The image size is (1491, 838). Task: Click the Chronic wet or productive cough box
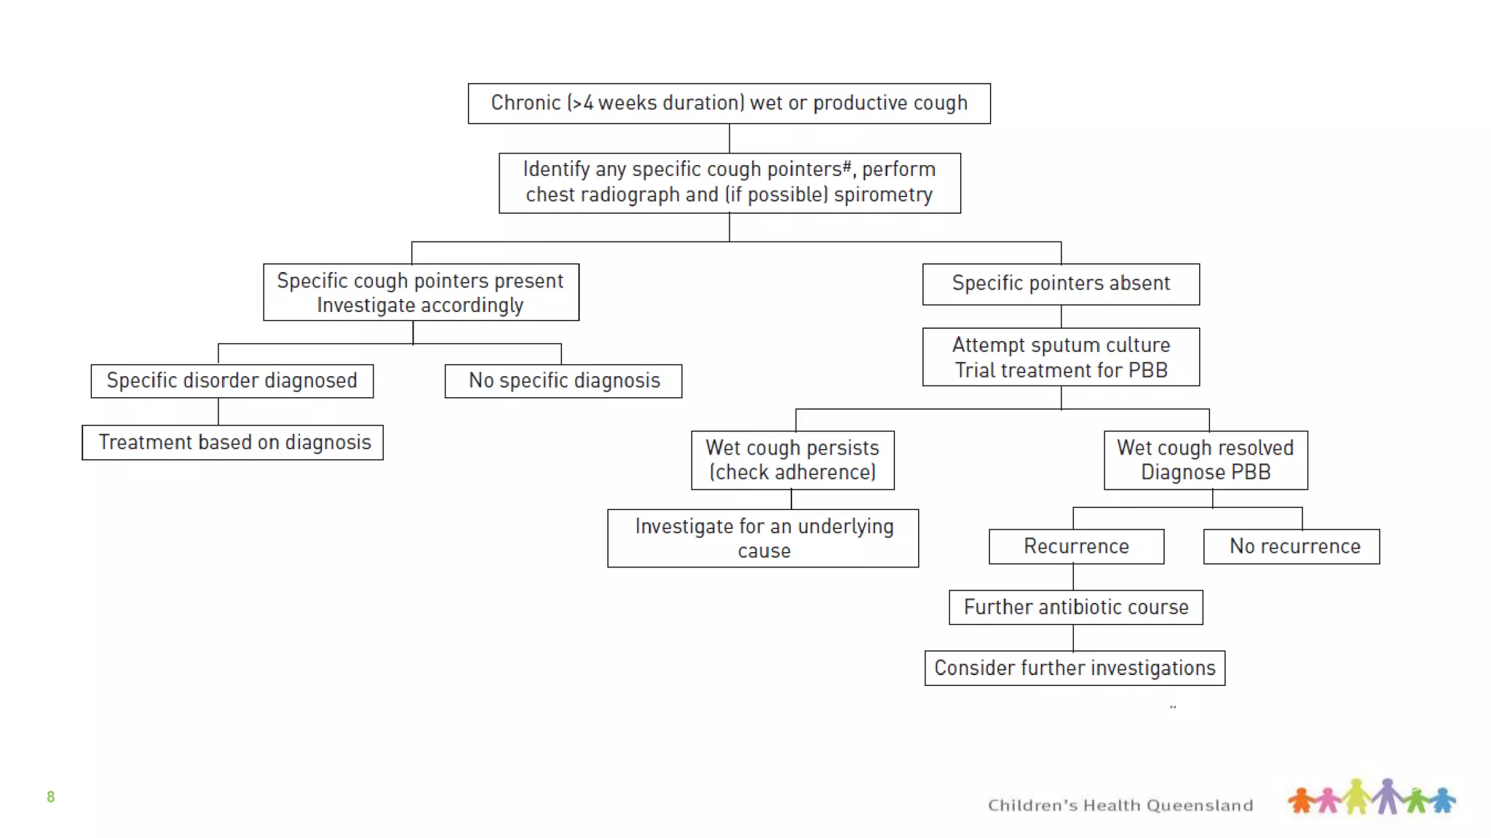pyautogui.click(x=729, y=103)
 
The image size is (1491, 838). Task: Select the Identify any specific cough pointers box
pyautogui.click(x=729, y=183)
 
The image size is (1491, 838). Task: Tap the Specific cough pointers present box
pyautogui.click(x=421, y=292)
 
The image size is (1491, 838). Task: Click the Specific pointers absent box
pyautogui.click(x=1061, y=284)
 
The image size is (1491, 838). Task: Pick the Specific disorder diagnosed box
pyautogui.click(x=232, y=381)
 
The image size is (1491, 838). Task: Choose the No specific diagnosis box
pyautogui.click(x=563, y=381)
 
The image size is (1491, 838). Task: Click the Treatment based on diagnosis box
pyautogui.click(x=233, y=442)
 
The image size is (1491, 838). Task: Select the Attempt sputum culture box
pyautogui.click(x=1061, y=357)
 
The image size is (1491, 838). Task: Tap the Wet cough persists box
pyautogui.click(x=792, y=460)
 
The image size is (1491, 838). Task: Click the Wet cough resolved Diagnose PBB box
pyautogui.click(x=1206, y=460)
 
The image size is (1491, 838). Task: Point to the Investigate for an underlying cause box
pyautogui.click(x=763, y=538)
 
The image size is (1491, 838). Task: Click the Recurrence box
pyautogui.click(x=1076, y=546)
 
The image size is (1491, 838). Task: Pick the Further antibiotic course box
pyautogui.click(x=1075, y=607)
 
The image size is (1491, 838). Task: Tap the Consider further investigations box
pyautogui.click(x=1075, y=668)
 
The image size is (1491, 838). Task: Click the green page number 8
pyautogui.click(x=50, y=797)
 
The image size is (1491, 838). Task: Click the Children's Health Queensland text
pyautogui.click(x=1120, y=805)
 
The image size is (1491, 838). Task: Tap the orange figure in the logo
pyautogui.click(x=1301, y=800)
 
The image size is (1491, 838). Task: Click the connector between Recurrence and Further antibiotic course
pyautogui.click(x=1073, y=577)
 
